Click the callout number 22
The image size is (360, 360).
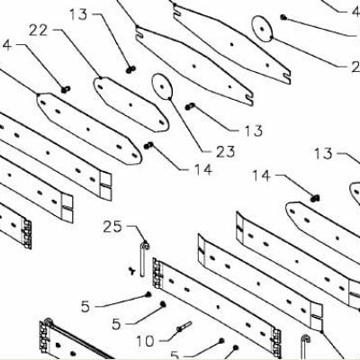pyautogui.click(x=38, y=31)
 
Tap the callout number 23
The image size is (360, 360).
pyautogui.click(x=225, y=152)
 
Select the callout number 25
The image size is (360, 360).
pyautogui.click(x=112, y=227)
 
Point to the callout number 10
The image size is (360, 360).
pyautogui.click(x=145, y=341)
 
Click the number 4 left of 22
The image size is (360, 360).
pyautogui.click(x=7, y=45)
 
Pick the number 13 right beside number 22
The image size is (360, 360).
pyautogui.click(x=78, y=14)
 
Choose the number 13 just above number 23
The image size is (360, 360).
pyautogui.click(x=254, y=130)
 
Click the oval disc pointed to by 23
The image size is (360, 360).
pyautogui.click(x=162, y=86)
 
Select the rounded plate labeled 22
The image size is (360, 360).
pyautogui.click(x=131, y=104)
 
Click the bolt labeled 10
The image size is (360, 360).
pyautogui.click(x=184, y=327)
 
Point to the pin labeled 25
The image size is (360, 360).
pyautogui.click(x=143, y=259)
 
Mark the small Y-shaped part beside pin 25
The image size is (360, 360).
pyautogui.click(x=131, y=271)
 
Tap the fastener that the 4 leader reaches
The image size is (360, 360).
pyautogui.click(x=66, y=89)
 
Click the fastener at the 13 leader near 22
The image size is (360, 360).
pyautogui.click(x=130, y=69)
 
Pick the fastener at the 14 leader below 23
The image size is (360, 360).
pyautogui.click(x=148, y=146)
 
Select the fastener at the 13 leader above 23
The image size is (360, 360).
pyautogui.click(x=190, y=106)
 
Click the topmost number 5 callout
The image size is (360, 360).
pyautogui.click(x=85, y=307)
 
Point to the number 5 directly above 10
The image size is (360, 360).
pyautogui.click(x=116, y=324)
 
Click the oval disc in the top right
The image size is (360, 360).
pyautogui.click(x=262, y=29)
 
